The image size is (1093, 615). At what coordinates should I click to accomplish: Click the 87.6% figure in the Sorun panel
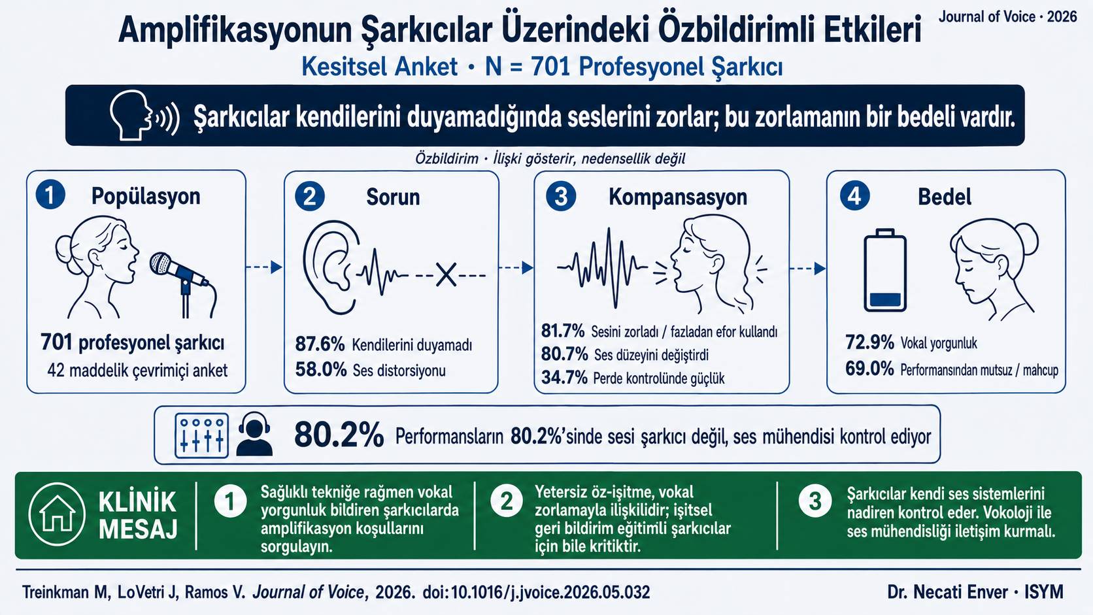pos(320,344)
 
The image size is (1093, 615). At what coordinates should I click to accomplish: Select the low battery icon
pos(885,270)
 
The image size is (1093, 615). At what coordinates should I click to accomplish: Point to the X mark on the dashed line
pos(446,274)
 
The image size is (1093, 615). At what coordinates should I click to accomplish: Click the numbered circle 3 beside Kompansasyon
pos(561,197)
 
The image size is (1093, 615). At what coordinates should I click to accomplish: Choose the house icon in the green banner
pos(58,514)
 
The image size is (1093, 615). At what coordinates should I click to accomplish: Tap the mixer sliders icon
pos(201,435)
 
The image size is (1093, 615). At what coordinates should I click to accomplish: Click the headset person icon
pos(254,434)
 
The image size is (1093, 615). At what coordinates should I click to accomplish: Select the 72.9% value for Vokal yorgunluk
pos(869,342)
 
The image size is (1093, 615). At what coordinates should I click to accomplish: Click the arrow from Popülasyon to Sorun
pos(264,267)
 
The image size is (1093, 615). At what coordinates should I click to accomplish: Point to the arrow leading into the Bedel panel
pos(807,268)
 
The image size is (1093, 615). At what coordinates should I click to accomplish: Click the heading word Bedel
pos(945,197)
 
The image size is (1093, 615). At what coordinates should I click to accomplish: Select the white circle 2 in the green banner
pos(507,501)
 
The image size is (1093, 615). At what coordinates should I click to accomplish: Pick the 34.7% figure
pos(564,378)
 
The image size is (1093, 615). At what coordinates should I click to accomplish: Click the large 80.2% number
pos(339,435)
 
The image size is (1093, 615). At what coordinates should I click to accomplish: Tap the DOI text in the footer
pos(536,592)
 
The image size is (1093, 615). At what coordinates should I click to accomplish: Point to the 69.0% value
pos(869,368)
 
